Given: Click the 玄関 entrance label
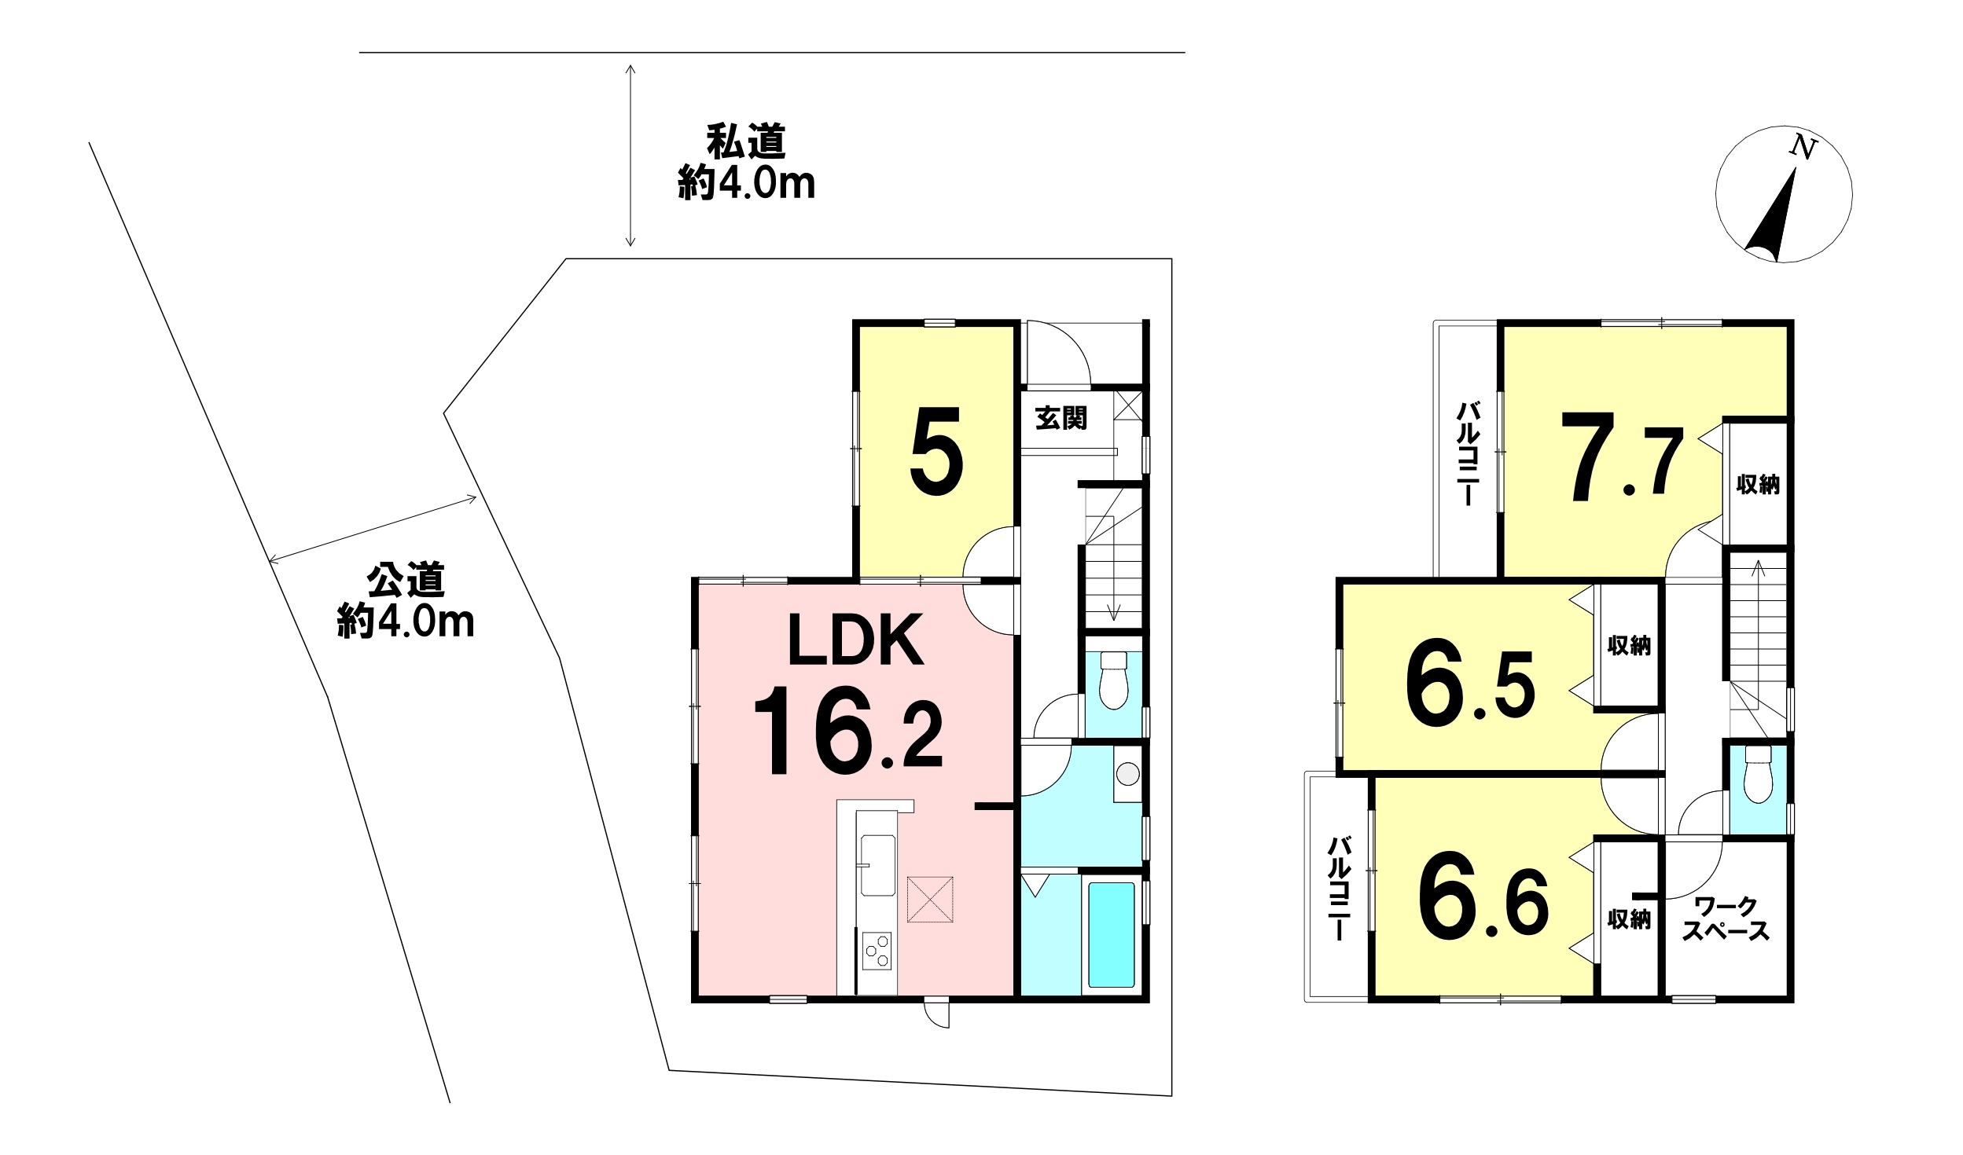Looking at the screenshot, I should [x=1061, y=418].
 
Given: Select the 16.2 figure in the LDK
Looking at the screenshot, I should [x=847, y=731].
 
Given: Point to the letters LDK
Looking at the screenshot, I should [x=855, y=640].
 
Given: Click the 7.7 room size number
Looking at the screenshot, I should [x=1620, y=456].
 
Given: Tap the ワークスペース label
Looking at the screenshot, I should [x=1726, y=918].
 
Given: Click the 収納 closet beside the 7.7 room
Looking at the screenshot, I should [x=1758, y=484].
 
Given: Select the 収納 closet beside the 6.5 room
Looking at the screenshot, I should [x=1629, y=646].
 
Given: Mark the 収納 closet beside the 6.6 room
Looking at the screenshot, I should [x=1629, y=918].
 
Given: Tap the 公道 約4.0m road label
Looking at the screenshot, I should [x=406, y=601].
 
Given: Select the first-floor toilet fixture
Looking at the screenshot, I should [x=1113, y=680].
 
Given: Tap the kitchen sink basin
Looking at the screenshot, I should [x=877, y=864].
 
